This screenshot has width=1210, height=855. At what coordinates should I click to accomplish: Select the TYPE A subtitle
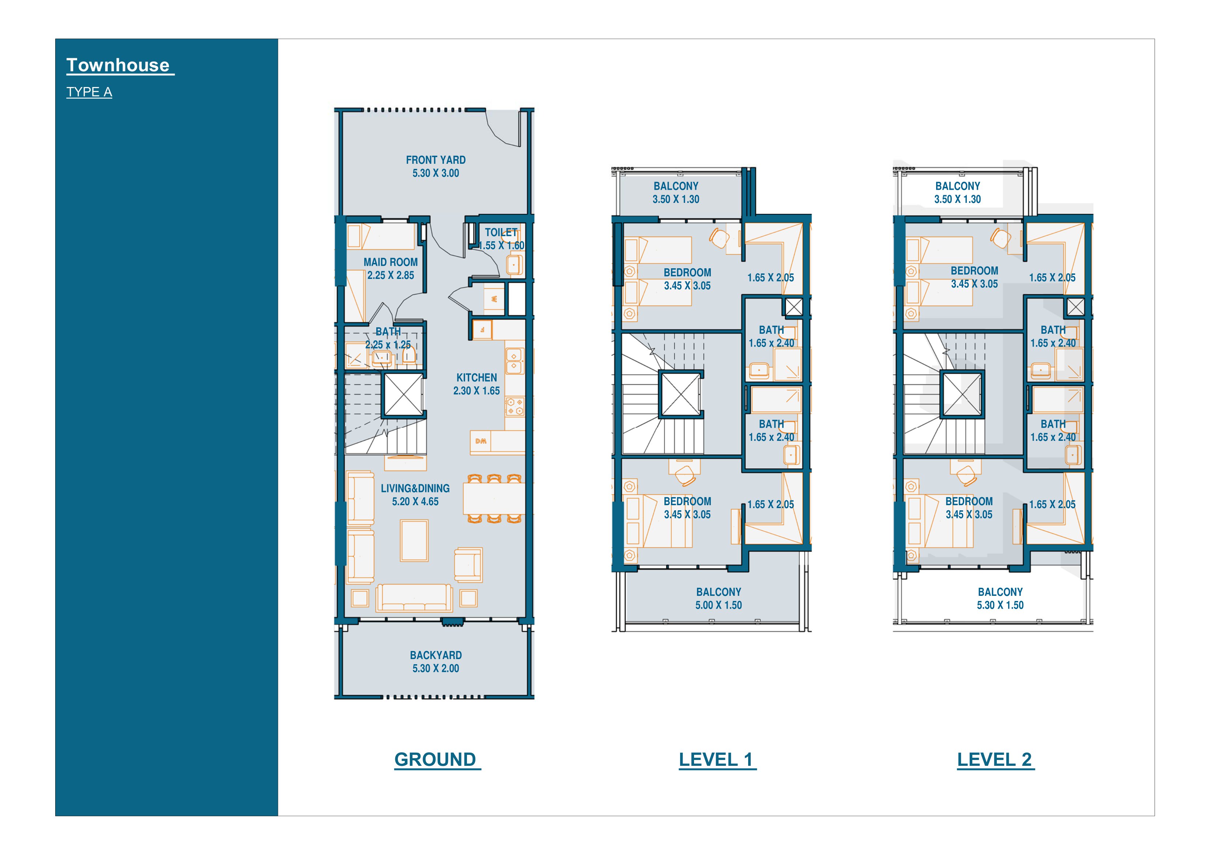(x=89, y=92)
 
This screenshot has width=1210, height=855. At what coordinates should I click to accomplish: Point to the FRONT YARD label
(x=436, y=160)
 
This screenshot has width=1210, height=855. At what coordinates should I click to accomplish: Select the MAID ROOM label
(x=391, y=262)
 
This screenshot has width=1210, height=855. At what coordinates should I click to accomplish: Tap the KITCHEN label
(x=476, y=378)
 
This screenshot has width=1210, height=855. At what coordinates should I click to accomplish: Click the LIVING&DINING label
(x=415, y=488)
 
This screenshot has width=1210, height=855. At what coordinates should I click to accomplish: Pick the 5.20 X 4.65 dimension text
(x=415, y=502)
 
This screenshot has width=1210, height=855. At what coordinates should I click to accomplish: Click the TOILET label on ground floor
(x=501, y=232)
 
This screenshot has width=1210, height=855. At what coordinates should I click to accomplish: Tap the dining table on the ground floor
(x=494, y=498)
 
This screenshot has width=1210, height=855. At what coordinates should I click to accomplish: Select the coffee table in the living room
(x=414, y=541)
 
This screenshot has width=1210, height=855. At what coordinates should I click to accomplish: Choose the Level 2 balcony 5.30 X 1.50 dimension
(x=1000, y=605)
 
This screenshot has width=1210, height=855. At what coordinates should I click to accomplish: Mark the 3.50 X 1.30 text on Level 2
(x=958, y=199)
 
